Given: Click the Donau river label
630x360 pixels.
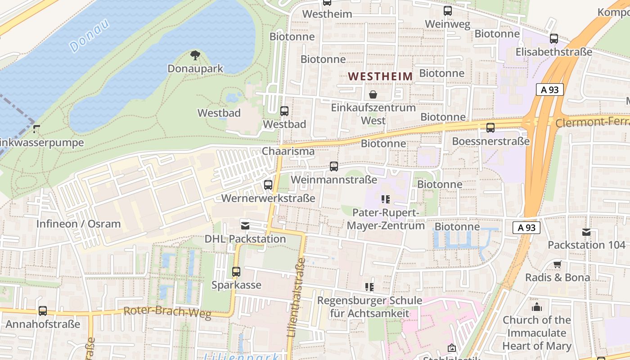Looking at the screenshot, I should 90,35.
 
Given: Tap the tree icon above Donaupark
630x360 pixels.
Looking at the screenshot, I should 195,55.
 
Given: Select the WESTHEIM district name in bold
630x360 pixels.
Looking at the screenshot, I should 381,76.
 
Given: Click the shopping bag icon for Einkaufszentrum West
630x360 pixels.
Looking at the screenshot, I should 373,94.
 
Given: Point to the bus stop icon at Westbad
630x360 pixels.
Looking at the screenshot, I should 284,111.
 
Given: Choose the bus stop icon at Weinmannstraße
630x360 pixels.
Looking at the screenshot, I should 334,166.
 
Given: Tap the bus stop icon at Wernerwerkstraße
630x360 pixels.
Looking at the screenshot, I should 268,184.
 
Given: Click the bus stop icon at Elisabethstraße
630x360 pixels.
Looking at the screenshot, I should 554,39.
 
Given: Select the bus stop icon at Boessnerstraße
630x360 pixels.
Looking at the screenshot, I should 490,128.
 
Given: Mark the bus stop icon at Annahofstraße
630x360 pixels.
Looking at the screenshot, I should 43,310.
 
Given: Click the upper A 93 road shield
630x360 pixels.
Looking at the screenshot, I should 550,90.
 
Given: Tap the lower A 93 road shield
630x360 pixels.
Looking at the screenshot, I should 526,228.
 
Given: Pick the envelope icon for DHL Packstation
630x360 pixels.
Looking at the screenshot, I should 245,225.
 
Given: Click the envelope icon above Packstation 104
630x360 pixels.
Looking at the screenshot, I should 586,232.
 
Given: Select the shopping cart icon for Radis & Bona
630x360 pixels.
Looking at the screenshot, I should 558,264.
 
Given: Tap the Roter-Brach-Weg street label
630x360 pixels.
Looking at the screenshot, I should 167,312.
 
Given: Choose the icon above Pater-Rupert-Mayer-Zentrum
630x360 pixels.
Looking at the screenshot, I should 385,199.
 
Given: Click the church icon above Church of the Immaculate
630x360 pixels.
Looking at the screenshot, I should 536,307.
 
